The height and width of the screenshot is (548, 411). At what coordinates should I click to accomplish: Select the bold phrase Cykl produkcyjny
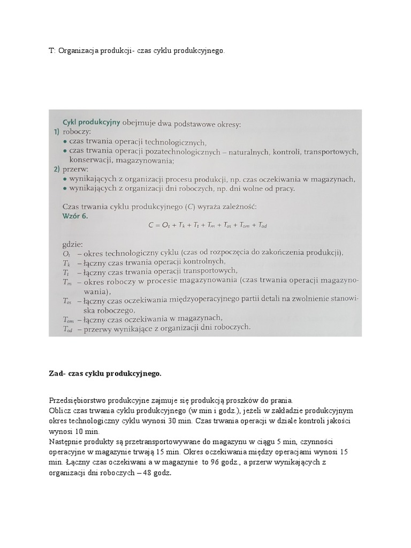tap(91, 122)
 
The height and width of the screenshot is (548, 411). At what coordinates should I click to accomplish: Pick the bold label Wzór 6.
tap(75, 216)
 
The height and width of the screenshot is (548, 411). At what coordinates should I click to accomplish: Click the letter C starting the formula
tap(150, 226)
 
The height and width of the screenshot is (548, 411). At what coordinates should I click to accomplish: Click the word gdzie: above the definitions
tap(73, 243)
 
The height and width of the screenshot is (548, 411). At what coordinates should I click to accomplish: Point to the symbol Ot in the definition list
tap(67, 253)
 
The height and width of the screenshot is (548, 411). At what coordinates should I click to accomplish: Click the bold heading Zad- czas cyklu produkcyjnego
tap(104, 374)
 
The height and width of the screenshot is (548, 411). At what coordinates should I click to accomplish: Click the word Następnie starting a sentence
tap(66, 442)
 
